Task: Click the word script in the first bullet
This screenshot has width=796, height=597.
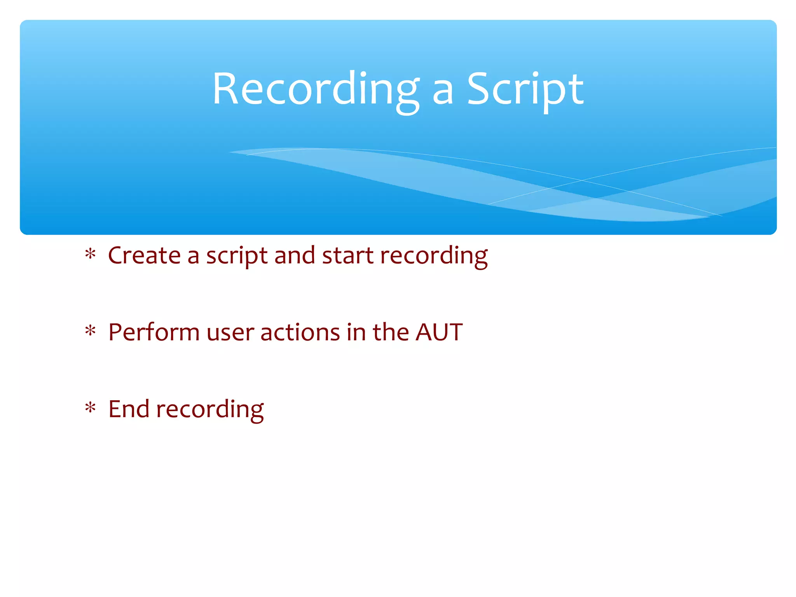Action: click(x=237, y=257)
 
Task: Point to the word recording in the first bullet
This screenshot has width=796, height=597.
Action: click(x=434, y=257)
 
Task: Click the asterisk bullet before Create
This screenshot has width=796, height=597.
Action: click(x=90, y=255)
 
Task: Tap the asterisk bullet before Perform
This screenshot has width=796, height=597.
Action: click(x=90, y=331)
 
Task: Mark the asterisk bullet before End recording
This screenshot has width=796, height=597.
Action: click(x=90, y=408)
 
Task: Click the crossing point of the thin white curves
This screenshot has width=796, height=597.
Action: click(x=582, y=180)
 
